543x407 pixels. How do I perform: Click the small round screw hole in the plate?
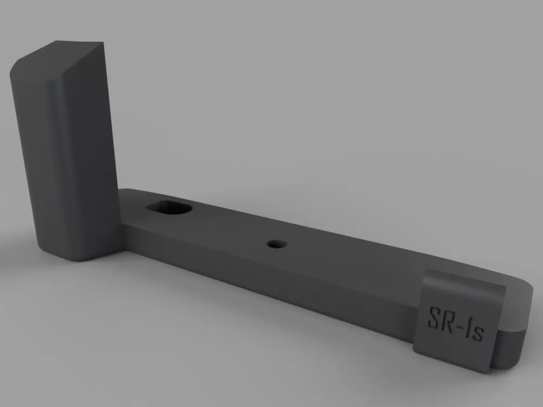277,244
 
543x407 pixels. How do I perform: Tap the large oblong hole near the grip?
169,208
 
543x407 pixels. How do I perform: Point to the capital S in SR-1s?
433,317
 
